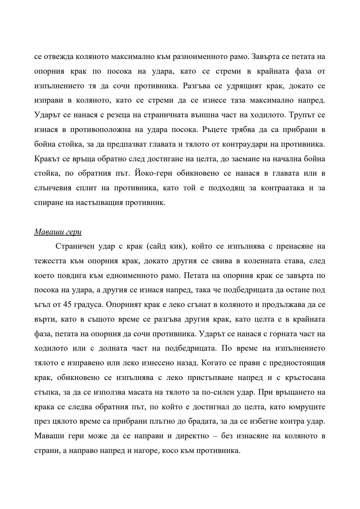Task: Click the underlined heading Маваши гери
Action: click(x=58, y=232)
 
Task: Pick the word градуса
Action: click(x=83, y=305)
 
